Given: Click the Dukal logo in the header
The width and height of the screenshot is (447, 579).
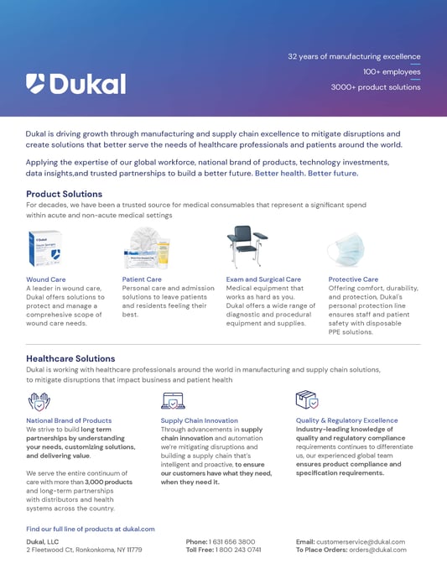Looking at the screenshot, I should tap(75, 83).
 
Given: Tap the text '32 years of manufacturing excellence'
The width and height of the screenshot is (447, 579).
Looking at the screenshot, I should tap(354, 56).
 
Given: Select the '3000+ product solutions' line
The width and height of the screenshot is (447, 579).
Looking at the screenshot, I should tap(375, 86).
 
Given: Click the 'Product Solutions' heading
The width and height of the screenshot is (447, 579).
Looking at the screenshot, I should tap(64, 194).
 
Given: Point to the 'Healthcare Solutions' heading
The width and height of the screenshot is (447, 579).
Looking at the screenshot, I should tap(70, 358).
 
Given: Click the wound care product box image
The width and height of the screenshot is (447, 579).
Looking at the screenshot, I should tap(44, 249).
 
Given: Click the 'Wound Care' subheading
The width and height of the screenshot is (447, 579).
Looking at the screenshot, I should tap(45, 279).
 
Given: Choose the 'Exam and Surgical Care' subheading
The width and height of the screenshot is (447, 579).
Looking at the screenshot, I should tap(263, 279).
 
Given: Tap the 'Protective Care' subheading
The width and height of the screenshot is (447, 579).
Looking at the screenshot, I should tap(353, 279).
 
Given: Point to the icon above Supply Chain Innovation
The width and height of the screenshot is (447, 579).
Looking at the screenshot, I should tap(172, 399).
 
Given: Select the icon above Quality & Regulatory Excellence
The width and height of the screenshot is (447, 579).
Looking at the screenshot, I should tap(306, 399).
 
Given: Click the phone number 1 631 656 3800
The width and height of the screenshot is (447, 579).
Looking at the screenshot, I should tap(232, 542).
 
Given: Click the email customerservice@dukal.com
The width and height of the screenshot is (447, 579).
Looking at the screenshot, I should tap(361, 542).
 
